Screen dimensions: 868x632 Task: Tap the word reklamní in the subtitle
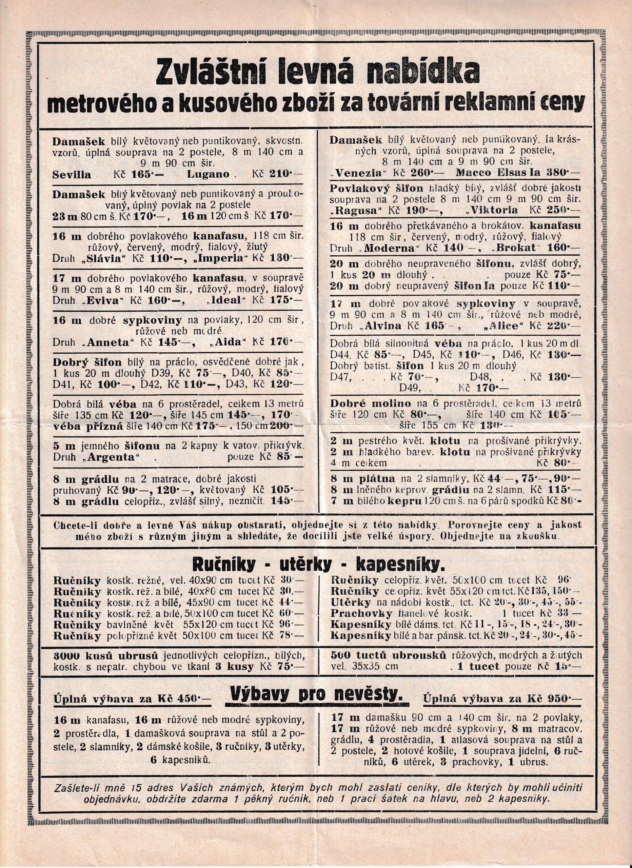click(511, 103)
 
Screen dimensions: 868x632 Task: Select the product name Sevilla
click(72, 175)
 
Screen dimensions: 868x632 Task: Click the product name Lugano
click(208, 175)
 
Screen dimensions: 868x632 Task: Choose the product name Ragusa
click(358, 210)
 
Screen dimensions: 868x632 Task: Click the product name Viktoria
click(494, 210)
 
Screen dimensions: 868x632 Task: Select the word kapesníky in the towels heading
click(398, 564)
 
